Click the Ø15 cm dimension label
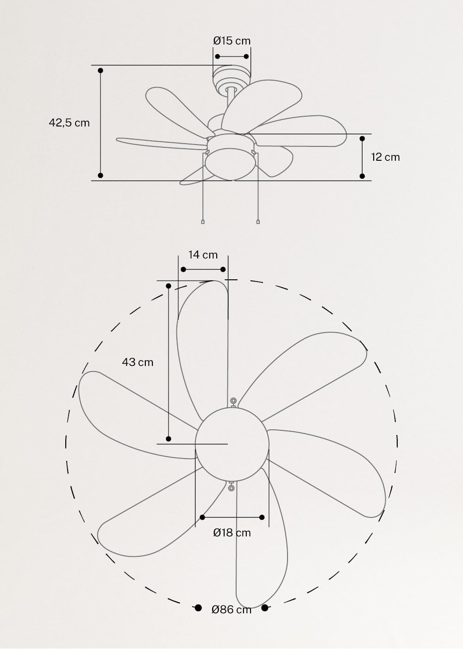point(231,41)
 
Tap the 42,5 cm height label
point(69,123)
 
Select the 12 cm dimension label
point(385,157)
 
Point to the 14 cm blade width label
point(203,255)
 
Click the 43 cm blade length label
point(138,362)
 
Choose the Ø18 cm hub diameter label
point(232,533)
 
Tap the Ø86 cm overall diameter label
point(231,610)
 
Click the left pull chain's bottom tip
point(203,222)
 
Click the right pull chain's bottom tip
point(258,222)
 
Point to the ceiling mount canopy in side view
point(231,76)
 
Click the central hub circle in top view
point(232,444)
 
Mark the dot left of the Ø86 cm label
point(198,608)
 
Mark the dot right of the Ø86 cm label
point(265,608)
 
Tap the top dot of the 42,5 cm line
point(100,70)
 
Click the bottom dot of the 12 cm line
point(362,176)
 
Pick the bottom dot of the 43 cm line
point(169,439)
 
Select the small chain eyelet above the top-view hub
point(233,400)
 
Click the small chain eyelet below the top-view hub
point(231,487)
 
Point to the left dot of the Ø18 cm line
point(202,517)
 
